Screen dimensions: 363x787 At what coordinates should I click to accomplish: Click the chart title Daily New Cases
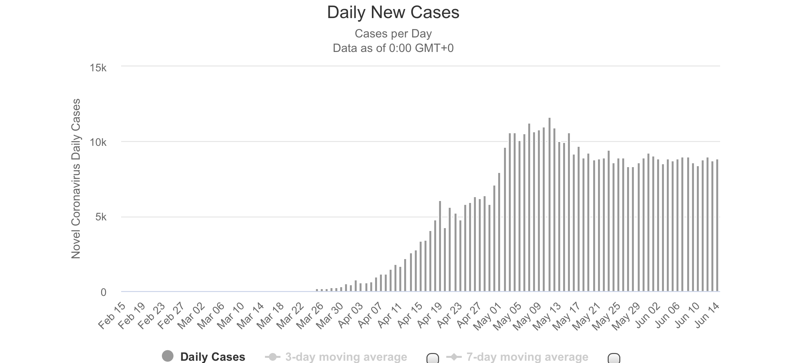pyautogui.click(x=393, y=13)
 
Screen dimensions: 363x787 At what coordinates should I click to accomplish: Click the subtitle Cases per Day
pyautogui.click(x=393, y=34)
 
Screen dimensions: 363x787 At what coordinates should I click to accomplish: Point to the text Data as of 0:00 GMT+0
pyautogui.click(x=393, y=48)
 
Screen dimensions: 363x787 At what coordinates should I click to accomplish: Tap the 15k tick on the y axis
pyautogui.click(x=98, y=68)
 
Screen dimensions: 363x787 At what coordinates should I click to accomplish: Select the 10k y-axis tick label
pyautogui.click(x=98, y=142)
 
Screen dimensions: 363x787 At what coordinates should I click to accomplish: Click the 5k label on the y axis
pyautogui.click(x=100, y=217)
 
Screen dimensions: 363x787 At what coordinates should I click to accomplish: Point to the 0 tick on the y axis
pyautogui.click(x=103, y=292)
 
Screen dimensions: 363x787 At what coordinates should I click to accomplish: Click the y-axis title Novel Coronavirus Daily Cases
pyautogui.click(x=76, y=178)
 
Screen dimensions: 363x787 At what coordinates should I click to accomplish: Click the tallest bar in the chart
pyautogui.click(x=549, y=205)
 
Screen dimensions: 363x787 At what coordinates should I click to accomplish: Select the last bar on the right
pyautogui.click(x=717, y=226)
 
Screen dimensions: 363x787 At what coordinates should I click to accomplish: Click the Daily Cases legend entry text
pyautogui.click(x=213, y=357)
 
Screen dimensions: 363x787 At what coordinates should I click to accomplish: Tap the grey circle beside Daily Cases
pyautogui.click(x=168, y=356)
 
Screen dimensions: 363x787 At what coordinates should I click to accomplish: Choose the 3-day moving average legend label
pyautogui.click(x=346, y=357)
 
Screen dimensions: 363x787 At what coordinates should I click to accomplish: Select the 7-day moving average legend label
pyautogui.click(x=527, y=357)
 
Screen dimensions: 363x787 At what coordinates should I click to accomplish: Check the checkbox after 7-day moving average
pyautogui.click(x=614, y=358)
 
